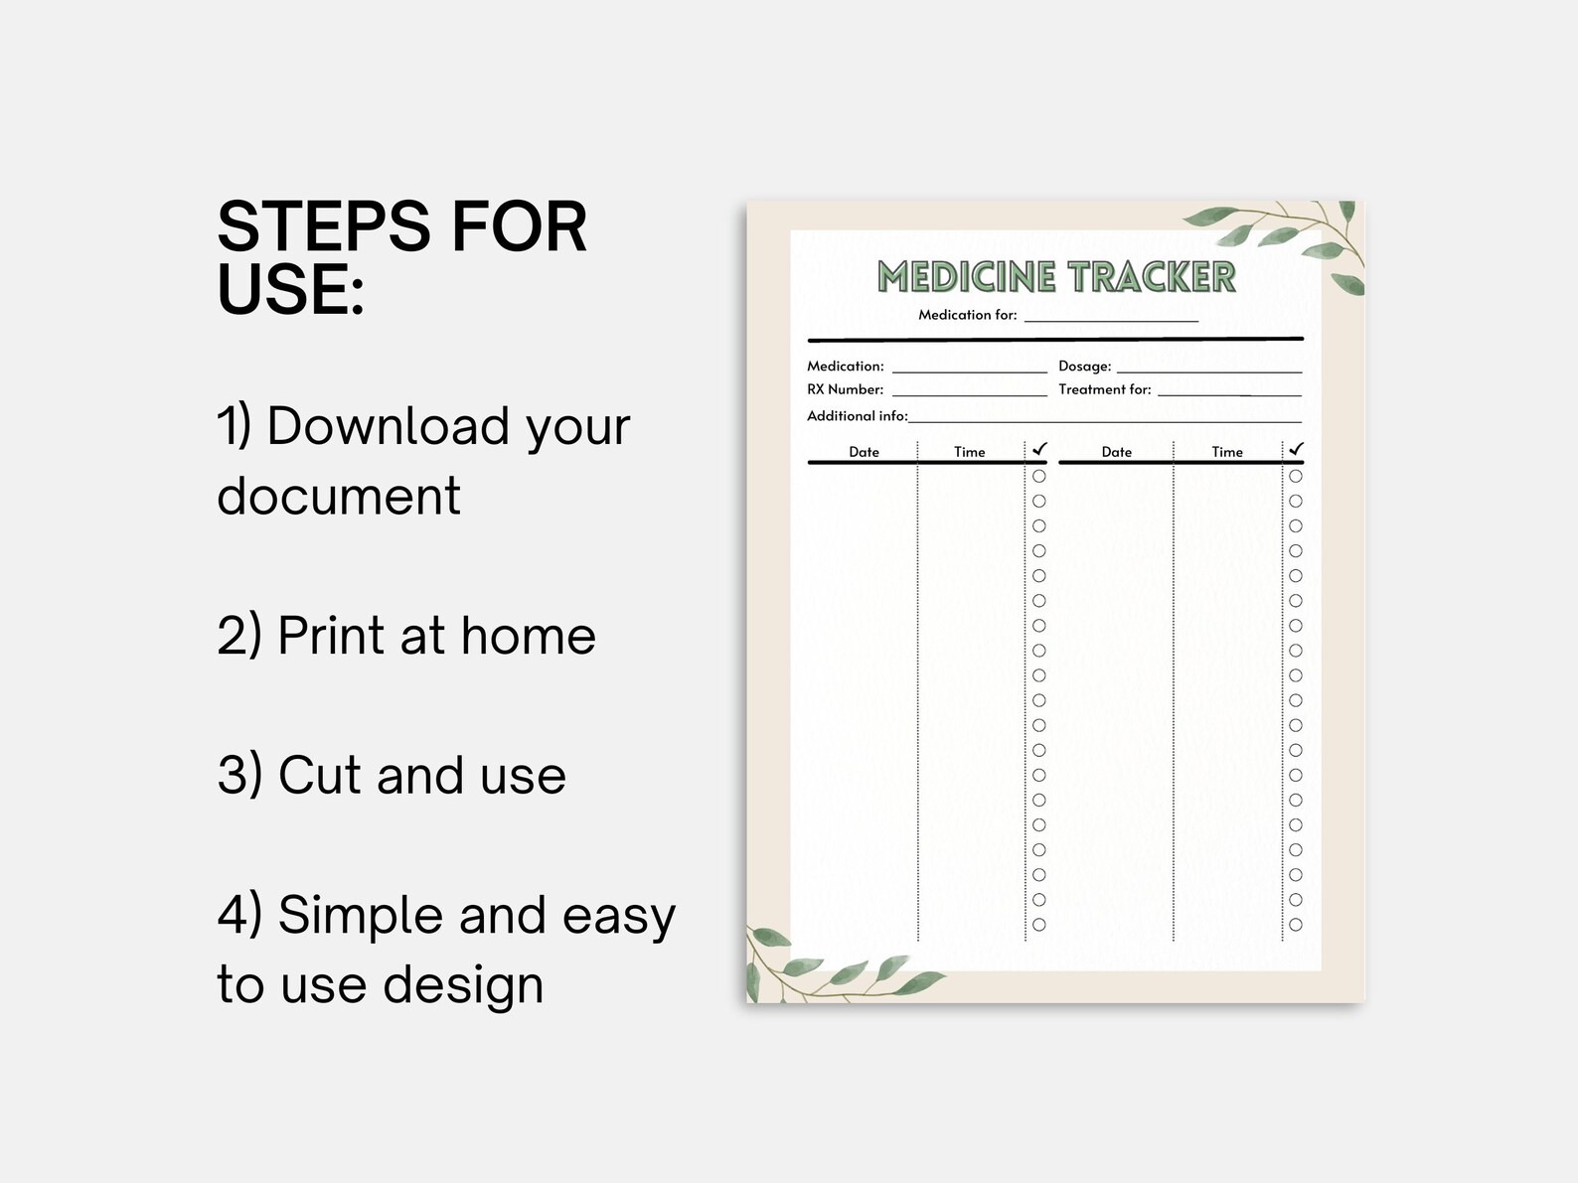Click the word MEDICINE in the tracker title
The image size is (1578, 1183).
tap(966, 277)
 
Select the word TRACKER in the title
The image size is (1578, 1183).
tap(1151, 277)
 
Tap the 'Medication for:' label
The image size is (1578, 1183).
tap(967, 315)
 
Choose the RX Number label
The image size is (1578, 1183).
tap(845, 389)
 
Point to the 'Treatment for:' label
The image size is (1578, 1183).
tap(1104, 389)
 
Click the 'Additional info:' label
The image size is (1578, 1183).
tap(857, 416)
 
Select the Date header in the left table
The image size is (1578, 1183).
tap(864, 452)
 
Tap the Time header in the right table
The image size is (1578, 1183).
tap(1226, 452)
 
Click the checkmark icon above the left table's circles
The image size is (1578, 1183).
tap(1039, 449)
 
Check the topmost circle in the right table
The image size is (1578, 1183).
tap(1295, 476)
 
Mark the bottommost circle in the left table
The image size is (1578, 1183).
tap(1038, 925)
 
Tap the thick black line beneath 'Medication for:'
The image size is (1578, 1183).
tap(1054, 340)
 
